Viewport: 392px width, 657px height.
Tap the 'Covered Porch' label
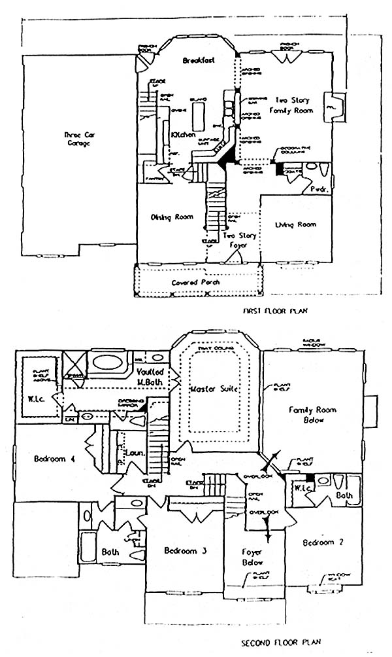[x=195, y=282]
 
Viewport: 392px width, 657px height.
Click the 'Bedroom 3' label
[x=185, y=550]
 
